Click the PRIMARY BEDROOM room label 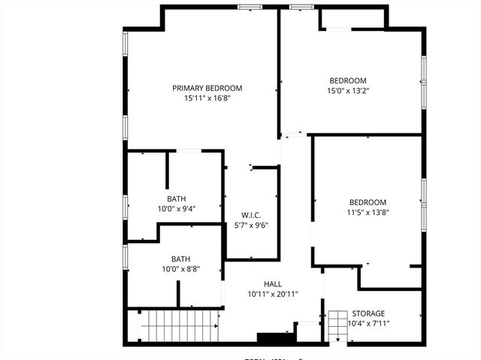[207, 88]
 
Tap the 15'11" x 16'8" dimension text [207, 98]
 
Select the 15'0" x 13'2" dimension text [348, 91]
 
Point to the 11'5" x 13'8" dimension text [368, 212]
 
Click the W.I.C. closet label [251, 215]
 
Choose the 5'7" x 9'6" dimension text [251, 225]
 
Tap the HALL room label [273, 283]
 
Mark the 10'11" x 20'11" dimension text [273, 294]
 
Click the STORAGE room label [368, 313]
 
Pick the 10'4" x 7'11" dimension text [368, 324]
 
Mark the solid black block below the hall [271, 338]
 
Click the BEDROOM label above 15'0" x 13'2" [348, 81]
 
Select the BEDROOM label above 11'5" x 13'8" [368, 202]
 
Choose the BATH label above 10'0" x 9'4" [177, 199]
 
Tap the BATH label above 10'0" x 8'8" [180, 259]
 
